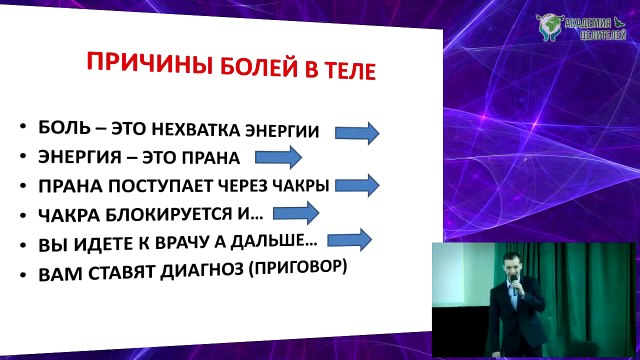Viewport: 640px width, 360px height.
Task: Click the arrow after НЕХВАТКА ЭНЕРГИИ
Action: pos(356,132)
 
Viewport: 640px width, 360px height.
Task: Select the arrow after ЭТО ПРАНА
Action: pos(277,157)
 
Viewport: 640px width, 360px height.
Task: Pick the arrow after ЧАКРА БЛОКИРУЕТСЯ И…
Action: pos(296,211)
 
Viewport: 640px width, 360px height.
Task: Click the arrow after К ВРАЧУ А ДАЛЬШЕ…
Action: pos(348,238)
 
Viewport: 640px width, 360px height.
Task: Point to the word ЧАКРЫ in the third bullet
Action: pos(301,186)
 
